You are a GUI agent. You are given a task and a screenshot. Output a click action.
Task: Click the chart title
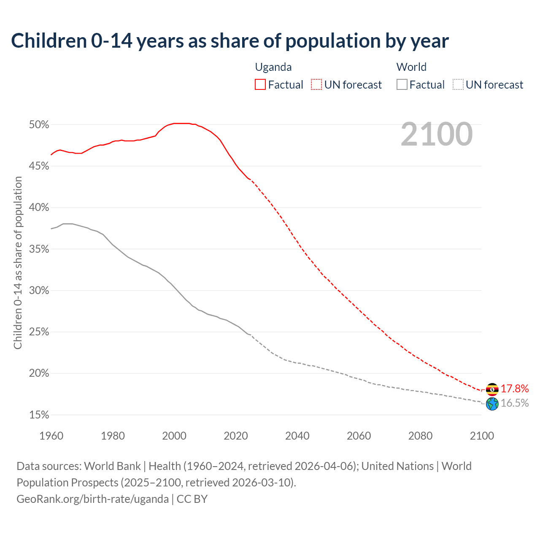tap(230, 41)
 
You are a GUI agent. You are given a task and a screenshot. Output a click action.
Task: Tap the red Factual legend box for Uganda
tap(260, 85)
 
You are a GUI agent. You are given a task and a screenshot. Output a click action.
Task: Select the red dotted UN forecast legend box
tap(316, 85)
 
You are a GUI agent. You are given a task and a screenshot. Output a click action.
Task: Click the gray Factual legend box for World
tap(402, 85)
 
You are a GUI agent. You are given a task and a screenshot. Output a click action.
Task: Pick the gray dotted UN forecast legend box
tap(458, 85)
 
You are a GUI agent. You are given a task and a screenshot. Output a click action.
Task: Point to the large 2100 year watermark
tap(437, 134)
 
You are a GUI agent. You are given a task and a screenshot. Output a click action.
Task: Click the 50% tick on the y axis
tap(39, 125)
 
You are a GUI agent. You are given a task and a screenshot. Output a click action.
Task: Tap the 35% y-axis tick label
tap(39, 249)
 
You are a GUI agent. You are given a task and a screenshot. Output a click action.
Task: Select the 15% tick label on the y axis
tap(39, 415)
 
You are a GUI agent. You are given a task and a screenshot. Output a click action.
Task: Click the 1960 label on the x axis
tap(51, 436)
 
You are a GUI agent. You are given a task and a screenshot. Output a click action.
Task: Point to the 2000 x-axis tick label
tap(174, 436)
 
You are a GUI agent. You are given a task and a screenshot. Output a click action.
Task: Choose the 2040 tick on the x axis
tap(297, 436)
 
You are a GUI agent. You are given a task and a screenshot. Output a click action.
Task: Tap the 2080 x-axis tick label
tap(420, 436)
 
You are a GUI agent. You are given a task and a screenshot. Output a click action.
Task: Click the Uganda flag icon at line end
tap(492, 389)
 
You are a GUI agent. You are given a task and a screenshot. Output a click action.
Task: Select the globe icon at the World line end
tap(492, 404)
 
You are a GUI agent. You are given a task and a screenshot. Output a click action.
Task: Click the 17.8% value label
tap(515, 389)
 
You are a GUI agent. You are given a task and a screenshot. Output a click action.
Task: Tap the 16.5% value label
tap(515, 403)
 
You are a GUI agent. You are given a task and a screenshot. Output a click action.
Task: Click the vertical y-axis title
tap(18, 263)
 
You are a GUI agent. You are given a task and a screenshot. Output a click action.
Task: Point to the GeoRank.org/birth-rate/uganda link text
tap(93, 499)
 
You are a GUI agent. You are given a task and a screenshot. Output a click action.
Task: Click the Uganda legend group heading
tap(273, 67)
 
